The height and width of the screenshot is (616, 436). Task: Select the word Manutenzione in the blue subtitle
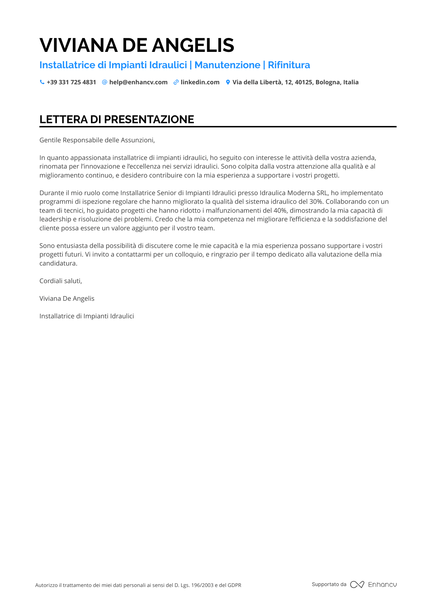227,65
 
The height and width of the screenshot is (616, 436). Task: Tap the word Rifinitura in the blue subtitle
289,65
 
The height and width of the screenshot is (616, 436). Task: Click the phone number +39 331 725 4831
71,82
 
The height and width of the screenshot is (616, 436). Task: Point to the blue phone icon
42,82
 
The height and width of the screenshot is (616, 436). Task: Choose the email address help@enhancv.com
138,82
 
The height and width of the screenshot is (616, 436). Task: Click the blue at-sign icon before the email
105,82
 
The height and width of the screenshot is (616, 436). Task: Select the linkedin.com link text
200,82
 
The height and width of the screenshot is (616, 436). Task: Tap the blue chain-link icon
176,82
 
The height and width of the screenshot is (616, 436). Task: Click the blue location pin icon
228,82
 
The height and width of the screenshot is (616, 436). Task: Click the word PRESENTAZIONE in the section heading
149,119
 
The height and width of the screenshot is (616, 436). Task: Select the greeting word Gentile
50,140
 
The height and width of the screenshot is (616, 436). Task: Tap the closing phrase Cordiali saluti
61,281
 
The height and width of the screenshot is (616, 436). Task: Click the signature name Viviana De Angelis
67,299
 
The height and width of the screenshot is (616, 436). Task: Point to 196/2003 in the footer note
202,585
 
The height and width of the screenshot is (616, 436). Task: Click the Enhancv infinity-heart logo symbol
357,585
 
